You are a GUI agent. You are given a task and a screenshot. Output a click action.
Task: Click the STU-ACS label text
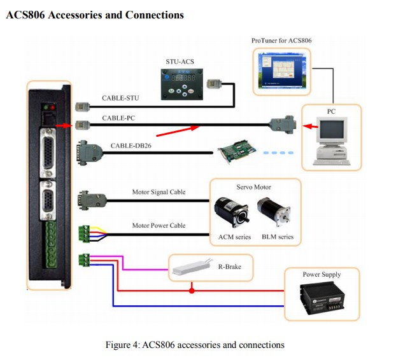tap(181, 62)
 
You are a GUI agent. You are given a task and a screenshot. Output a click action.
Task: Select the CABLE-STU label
tap(120, 99)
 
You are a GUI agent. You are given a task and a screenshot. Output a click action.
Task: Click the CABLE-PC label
tap(118, 118)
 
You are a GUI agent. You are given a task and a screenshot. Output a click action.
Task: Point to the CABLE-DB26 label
tap(131, 146)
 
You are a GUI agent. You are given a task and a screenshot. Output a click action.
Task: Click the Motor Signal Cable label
tap(159, 192)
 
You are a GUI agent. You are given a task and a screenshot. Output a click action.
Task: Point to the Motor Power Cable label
tap(159, 225)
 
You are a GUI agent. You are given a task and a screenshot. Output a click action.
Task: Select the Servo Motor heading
tap(255, 187)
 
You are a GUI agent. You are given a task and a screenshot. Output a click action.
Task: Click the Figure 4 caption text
tap(195, 345)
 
